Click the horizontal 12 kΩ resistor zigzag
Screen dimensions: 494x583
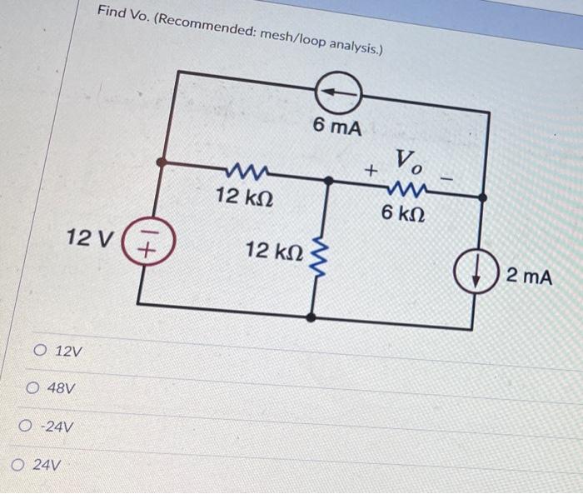[x=245, y=173]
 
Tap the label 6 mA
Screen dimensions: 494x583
[x=337, y=127]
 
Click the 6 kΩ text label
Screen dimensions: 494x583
[x=406, y=212]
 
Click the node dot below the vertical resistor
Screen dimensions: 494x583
[x=311, y=317]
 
